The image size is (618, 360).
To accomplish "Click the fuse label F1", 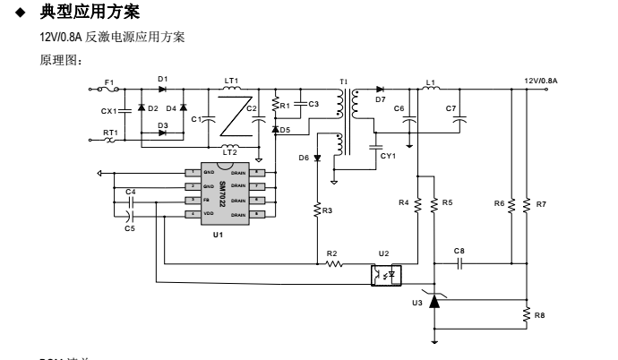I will coord(110,81).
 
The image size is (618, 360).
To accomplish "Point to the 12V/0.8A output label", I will coord(541,81).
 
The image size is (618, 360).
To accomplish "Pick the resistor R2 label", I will coord(331,254).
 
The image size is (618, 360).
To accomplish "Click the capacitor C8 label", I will coord(459,250).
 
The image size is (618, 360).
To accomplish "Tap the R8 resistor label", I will coord(539,315).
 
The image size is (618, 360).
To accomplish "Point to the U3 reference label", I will coord(417,304).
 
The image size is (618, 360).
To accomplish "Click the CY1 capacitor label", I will coord(388,155).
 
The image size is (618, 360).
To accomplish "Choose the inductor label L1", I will coord(431,81).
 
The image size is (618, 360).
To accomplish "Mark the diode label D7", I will coord(381,99).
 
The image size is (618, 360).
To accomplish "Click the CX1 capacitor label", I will coord(108,111).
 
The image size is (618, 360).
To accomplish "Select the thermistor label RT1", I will coord(109,132).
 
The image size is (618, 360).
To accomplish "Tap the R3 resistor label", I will coord(327,210).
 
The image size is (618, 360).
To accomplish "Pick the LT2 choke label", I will coord(230,152).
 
